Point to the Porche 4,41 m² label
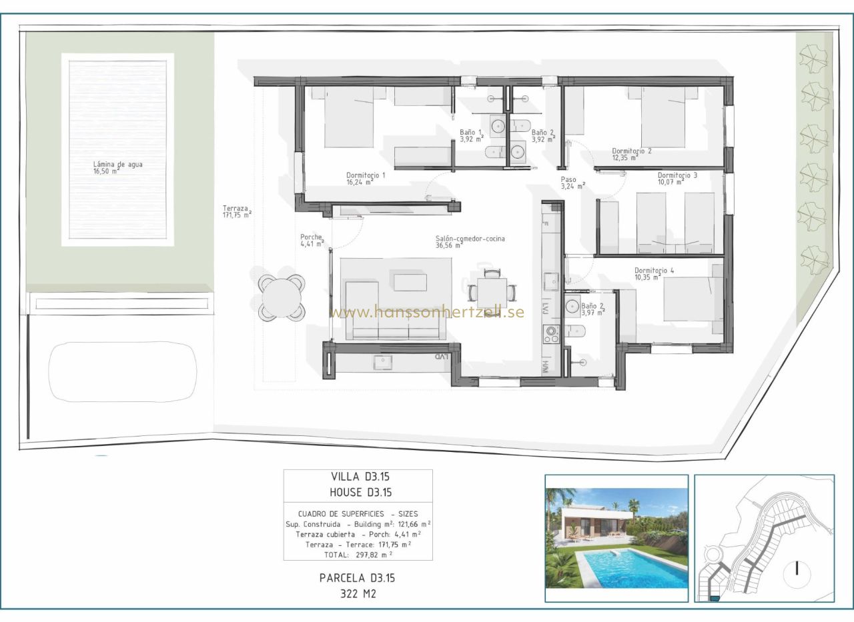tap(312, 241)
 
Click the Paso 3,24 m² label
tap(572, 183)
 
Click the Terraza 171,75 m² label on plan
tap(237, 212)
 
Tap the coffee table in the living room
tap(410, 282)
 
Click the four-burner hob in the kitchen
tap(551, 335)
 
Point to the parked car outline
tap(123, 372)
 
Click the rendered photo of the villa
tap(616, 538)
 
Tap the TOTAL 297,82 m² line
tap(358, 555)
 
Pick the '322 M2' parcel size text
tap(358, 594)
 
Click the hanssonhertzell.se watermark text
tap(426, 312)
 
